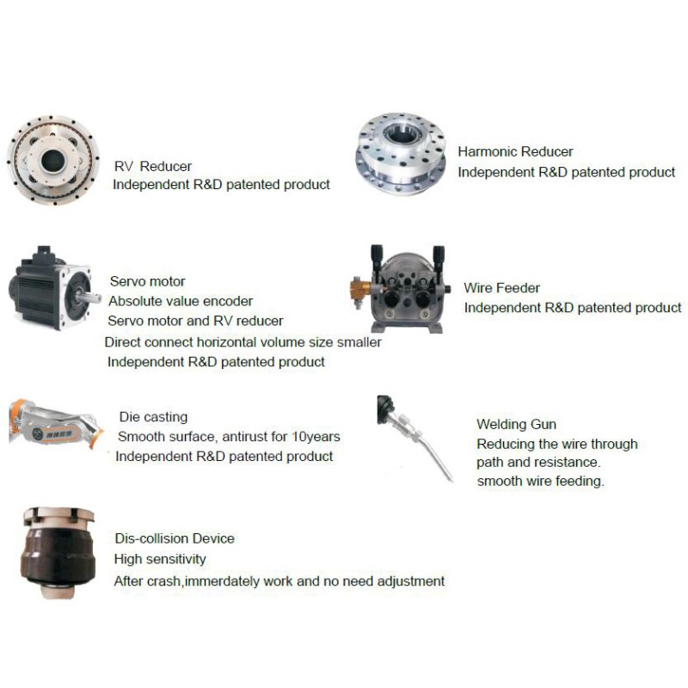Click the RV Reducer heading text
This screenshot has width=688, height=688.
pyautogui.click(x=153, y=166)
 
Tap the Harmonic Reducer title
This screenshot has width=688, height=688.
pyautogui.click(x=515, y=152)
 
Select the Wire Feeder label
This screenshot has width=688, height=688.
pyautogui.click(x=501, y=288)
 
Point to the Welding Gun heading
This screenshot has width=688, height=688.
pyautogui.click(x=516, y=424)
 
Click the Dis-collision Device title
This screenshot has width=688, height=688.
pyautogui.click(x=175, y=538)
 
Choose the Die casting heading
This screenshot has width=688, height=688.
pyautogui.click(x=153, y=417)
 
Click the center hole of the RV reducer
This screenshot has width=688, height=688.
pyautogui.click(x=52, y=161)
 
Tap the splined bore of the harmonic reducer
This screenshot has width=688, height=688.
pyautogui.click(x=400, y=132)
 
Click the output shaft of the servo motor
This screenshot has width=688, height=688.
pyautogui.click(x=90, y=297)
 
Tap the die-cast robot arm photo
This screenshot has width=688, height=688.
pyautogui.click(x=55, y=424)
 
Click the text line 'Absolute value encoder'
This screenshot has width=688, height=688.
pyautogui.click(x=181, y=301)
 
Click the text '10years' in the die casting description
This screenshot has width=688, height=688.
pyautogui.click(x=316, y=437)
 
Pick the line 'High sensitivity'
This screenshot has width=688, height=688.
pyautogui.click(x=160, y=559)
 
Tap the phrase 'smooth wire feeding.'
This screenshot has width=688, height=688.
pyautogui.click(x=541, y=482)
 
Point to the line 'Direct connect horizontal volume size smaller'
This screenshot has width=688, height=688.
pyautogui.click(x=243, y=342)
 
